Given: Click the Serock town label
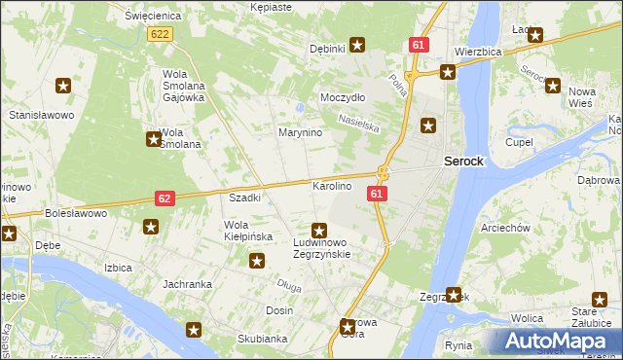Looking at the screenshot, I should point(463,161).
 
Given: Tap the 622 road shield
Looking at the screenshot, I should point(161,34).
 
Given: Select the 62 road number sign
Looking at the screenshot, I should point(165,198).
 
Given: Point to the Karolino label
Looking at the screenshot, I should point(331,185).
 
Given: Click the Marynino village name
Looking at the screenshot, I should point(300,132).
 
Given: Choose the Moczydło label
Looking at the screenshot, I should point(343,98).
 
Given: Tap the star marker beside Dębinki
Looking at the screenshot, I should point(357,44).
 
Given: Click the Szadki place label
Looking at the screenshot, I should point(244,198).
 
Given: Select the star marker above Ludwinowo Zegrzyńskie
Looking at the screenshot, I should point(318,230).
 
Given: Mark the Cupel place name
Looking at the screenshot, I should point(519,142).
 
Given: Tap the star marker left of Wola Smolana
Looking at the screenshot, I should point(153,139).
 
